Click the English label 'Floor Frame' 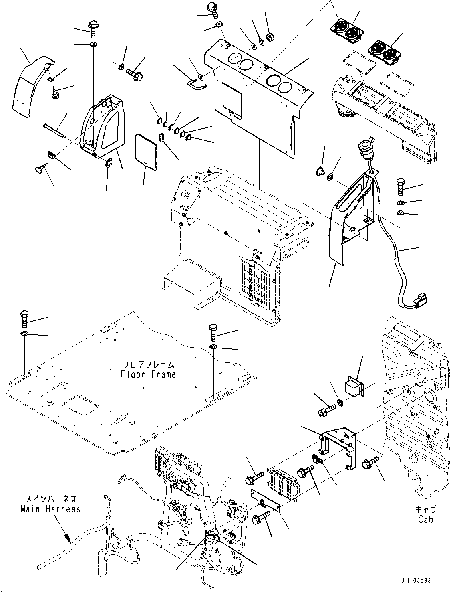[148, 374]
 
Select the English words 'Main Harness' [50, 509]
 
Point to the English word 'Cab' [425, 519]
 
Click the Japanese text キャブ [425, 510]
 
